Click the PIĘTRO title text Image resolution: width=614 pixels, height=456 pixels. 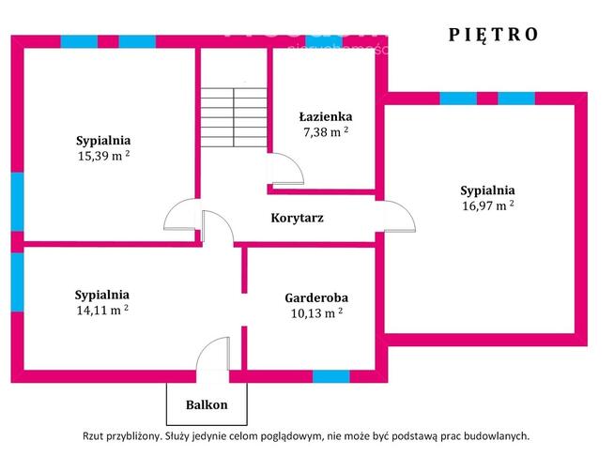pyautogui.click(x=493, y=34)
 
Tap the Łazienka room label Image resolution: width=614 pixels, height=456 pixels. pyautogui.click(x=326, y=116)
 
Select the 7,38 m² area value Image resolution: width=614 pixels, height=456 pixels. pyautogui.click(x=326, y=132)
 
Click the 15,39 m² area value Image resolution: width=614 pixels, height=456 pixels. pyautogui.click(x=103, y=156)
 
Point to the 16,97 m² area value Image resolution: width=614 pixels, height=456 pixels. pyautogui.click(x=487, y=205)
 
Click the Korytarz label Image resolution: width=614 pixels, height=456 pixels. pyautogui.click(x=297, y=218)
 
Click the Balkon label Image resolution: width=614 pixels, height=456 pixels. pyautogui.click(x=206, y=404)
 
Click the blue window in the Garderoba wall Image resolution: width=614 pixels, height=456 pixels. pyautogui.click(x=330, y=376)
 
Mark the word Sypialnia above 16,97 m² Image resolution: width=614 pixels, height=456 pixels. pyautogui.click(x=487, y=189)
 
